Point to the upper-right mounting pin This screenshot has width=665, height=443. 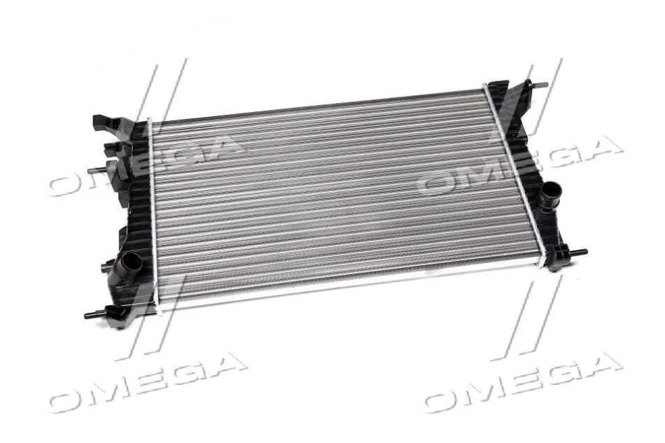(538, 85)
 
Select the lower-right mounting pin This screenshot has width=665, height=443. (577, 252)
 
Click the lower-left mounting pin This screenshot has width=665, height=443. (95, 314)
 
